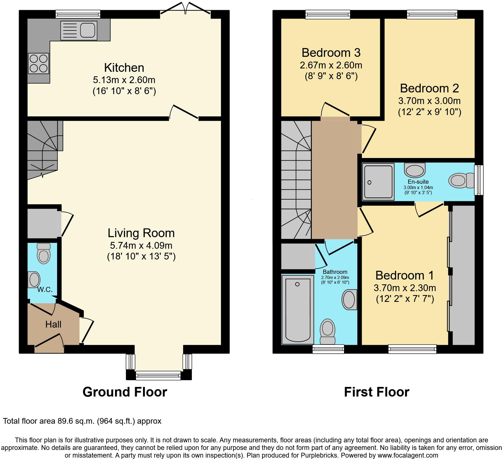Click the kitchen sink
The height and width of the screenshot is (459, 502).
click(x=79, y=30)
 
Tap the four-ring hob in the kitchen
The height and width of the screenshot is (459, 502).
click(x=38, y=64)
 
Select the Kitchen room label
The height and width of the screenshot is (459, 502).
click(x=124, y=68)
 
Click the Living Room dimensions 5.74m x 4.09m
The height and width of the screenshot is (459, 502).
click(x=141, y=245)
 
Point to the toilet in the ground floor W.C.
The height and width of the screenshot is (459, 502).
click(x=44, y=254)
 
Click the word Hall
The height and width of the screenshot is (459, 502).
click(x=53, y=324)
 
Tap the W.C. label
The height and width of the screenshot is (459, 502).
click(x=45, y=290)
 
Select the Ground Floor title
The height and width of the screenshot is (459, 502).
click(x=125, y=392)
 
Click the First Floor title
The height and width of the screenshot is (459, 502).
click(x=376, y=392)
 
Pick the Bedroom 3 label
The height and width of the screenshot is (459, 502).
click(x=331, y=53)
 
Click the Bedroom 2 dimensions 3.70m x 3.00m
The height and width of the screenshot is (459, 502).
click(x=429, y=101)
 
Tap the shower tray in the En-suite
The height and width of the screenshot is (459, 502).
click(x=378, y=182)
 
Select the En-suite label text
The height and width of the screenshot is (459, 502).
click(x=418, y=182)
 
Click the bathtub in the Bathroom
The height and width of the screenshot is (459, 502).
click(x=298, y=310)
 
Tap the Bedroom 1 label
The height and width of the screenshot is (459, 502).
click(x=404, y=275)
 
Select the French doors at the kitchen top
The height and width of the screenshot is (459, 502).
click(x=185, y=8)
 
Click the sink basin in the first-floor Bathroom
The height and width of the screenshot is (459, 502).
click(x=349, y=300)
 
